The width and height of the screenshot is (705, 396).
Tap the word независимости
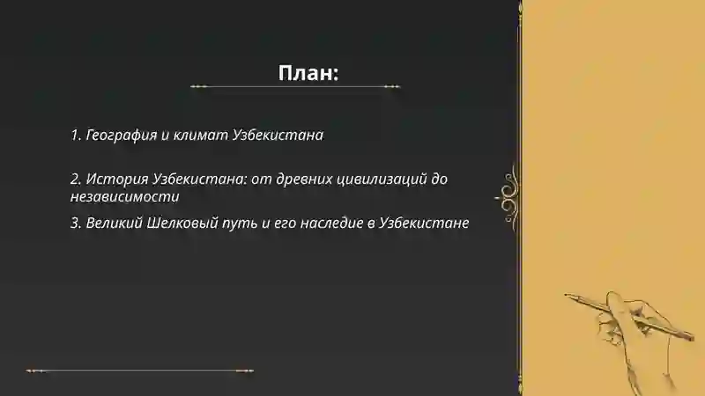click(x=123, y=197)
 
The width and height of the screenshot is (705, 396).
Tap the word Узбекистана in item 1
click(x=278, y=136)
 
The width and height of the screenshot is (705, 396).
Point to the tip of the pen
click(x=568, y=295)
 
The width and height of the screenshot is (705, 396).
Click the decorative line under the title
click(x=296, y=86)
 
